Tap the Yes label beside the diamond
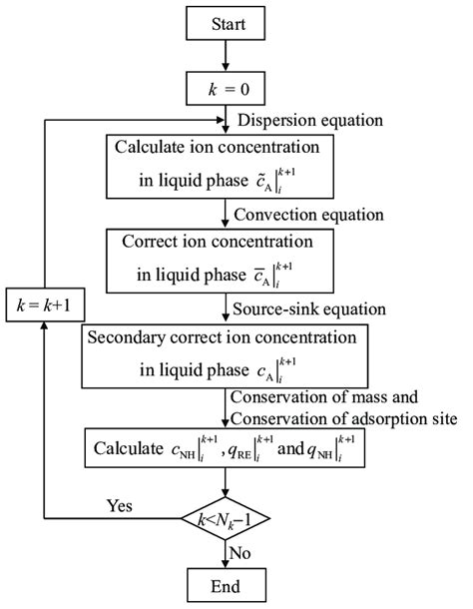coord(120,506)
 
